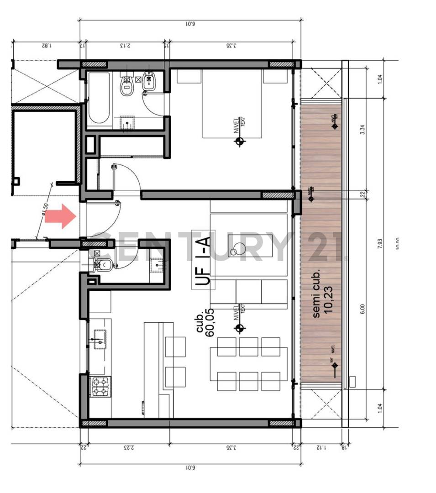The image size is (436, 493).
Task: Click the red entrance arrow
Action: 60,216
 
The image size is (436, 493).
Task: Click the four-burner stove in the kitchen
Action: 100,387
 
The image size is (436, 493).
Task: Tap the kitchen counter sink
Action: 99,338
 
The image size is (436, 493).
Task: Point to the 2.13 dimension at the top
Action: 125,45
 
